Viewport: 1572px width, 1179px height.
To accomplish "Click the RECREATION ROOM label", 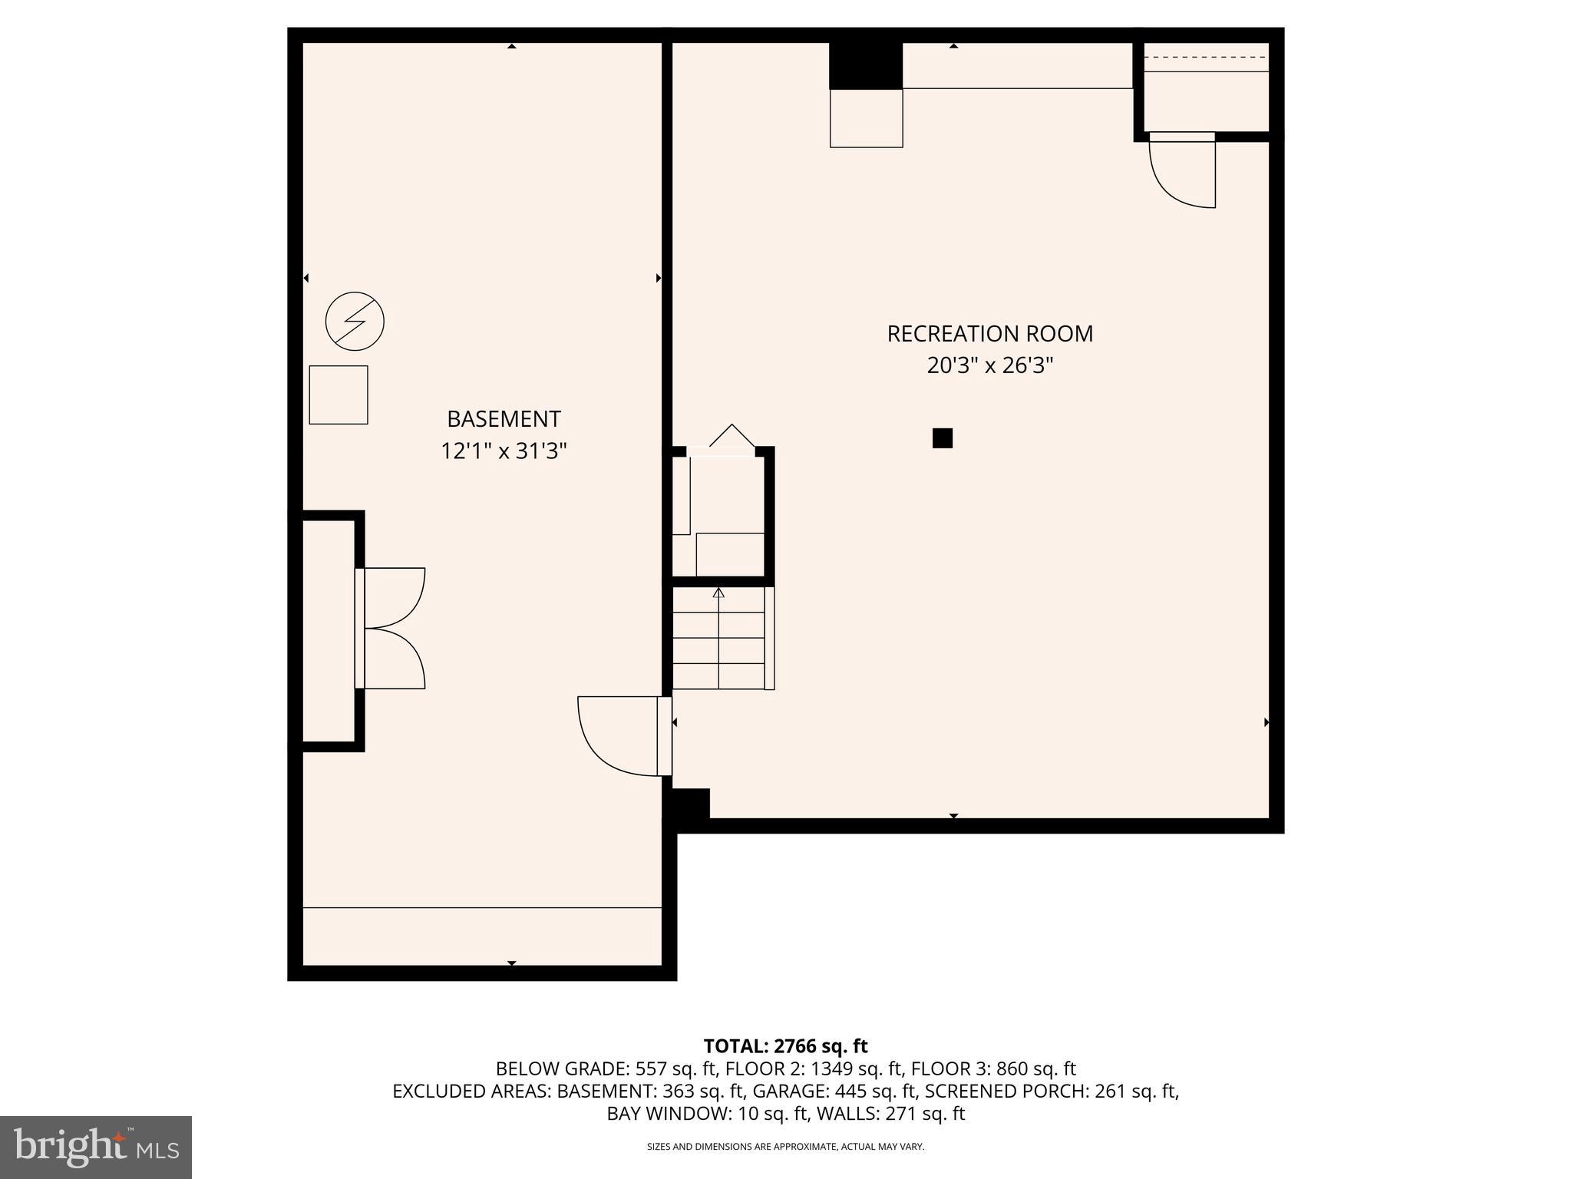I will click(989, 334).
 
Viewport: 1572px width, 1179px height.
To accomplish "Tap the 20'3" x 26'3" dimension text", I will click(989, 365).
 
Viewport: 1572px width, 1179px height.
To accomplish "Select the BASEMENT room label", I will click(504, 419).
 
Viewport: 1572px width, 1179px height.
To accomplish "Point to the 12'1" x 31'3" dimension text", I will click(504, 451).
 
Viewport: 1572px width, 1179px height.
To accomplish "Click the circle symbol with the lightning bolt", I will click(355, 321).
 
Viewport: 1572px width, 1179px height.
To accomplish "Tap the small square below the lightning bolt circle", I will click(339, 395).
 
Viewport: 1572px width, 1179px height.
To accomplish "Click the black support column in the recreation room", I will click(942, 438).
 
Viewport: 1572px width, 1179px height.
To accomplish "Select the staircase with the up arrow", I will click(719, 638).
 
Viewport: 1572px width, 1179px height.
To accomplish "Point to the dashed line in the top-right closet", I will click(1205, 58).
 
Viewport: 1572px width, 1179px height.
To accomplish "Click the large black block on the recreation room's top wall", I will click(866, 66).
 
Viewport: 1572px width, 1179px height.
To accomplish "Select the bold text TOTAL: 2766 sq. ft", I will click(785, 1046).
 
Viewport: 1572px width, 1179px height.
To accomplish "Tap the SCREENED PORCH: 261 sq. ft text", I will click(1052, 1091).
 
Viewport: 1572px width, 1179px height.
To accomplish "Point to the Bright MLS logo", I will click(96, 1147).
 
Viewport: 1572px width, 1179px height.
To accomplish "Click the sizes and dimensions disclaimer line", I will click(785, 1147).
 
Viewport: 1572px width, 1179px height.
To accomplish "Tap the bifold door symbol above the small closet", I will click(732, 437).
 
